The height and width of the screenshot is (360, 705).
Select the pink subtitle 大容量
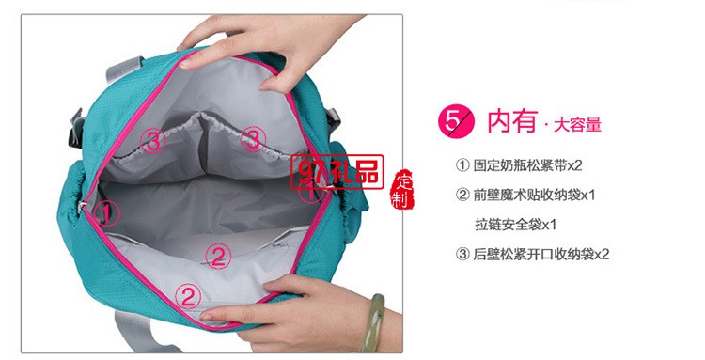577,123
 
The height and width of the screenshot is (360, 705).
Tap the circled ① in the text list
462,165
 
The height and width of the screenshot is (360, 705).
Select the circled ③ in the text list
462,254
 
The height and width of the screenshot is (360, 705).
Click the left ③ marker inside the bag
154,141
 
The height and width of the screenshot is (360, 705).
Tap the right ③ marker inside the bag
250,140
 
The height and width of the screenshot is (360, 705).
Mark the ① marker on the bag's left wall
109,212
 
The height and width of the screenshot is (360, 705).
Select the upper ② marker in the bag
218,254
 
